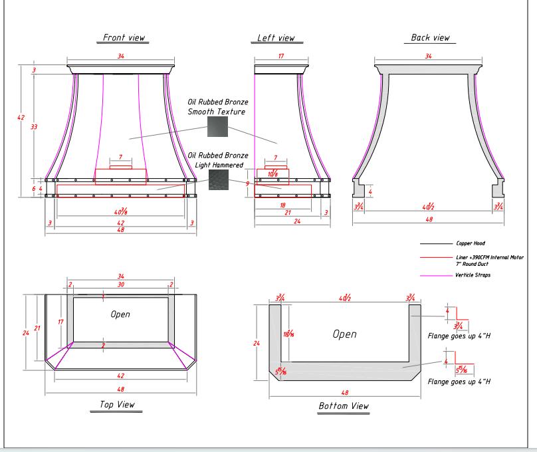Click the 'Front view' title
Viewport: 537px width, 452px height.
(124, 38)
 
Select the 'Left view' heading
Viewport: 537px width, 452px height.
(276, 38)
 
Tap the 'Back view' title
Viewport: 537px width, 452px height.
(430, 38)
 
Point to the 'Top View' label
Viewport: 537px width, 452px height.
(116, 404)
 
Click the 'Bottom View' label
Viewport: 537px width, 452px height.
(344, 405)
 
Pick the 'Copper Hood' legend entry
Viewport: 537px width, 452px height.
(470, 244)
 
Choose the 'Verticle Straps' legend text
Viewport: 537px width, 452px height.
(473, 275)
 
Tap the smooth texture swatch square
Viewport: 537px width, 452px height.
(217, 126)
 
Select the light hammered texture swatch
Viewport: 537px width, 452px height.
(217, 179)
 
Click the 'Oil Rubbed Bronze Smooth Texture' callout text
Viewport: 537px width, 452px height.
(218, 107)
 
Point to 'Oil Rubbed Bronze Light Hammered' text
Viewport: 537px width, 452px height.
(218, 160)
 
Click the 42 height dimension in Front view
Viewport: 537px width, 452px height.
(21, 118)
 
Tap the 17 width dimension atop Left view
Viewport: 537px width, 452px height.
(280, 57)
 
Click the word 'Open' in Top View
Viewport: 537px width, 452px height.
(120, 314)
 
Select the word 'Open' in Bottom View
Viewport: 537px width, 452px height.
(344, 334)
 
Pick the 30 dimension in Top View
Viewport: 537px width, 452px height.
(120, 284)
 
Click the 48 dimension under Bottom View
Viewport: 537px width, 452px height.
(344, 392)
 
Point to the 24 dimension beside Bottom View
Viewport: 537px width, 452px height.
(257, 343)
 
